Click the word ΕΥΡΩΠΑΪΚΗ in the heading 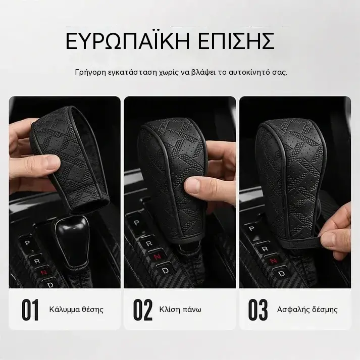pyautogui.click(x=128, y=41)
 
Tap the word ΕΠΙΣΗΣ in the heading pyautogui.click(x=236, y=41)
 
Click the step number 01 pyautogui.click(x=30, y=310)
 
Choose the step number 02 pyautogui.click(x=143, y=310)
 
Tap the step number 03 pyautogui.click(x=258, y=310)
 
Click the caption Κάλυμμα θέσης pyautogui.click(x=76, y=310)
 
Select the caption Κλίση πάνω pyautogui.click(x=180, y=310)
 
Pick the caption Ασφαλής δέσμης pyautogui.click(x=307, y=310)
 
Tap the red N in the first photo pyautogui.click(x=43, y=272)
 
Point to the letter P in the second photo pyautogui.click(x=136, y=223)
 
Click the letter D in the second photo pyautogui.click(x=165, y=271)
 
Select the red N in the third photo pyautogui.click(x=274, y=261)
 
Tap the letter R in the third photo pyautogui.click(x=265, y=249)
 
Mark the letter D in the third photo pyautogui.click(x=281, y=274)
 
